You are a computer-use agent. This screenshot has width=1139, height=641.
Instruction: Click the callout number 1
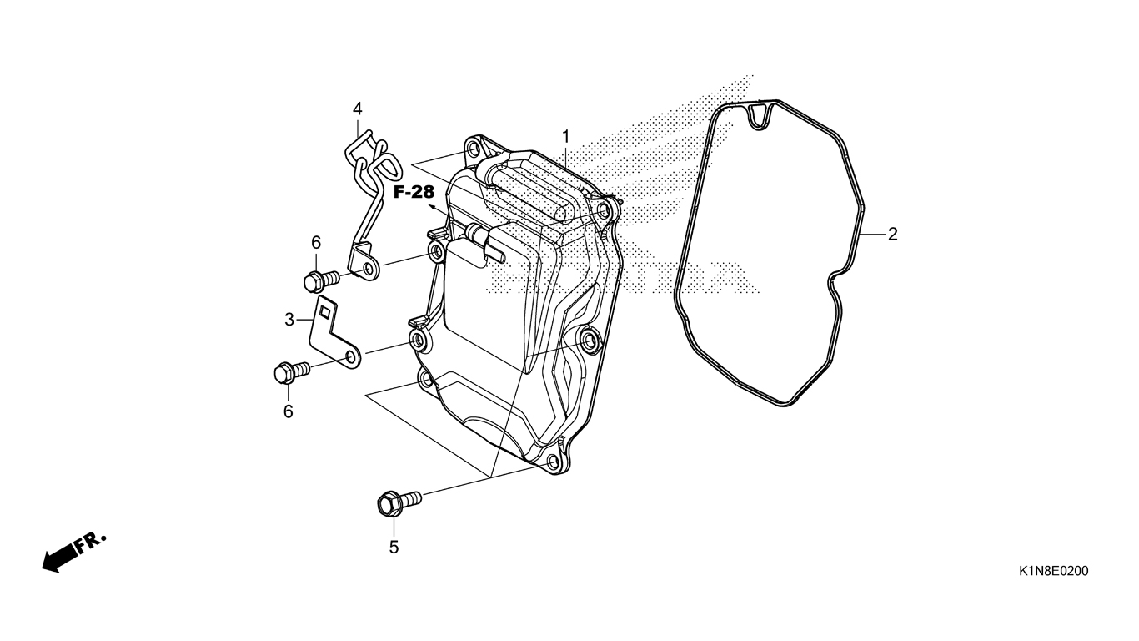[x=565, y=136]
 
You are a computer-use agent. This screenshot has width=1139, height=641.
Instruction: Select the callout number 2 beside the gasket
[x=892, y=235]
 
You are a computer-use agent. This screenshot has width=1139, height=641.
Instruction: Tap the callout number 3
[x=289, y=319]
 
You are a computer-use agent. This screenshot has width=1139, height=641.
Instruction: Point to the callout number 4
[x=357, y=109]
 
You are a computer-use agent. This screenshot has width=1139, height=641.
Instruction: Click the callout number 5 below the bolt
[x=394, y=548]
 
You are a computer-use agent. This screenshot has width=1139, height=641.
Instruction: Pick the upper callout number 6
[x=316, y=243]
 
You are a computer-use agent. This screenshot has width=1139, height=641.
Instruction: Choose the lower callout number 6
[x=289, y=411]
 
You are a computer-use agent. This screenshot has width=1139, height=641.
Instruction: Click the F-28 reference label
[x=414, y=193]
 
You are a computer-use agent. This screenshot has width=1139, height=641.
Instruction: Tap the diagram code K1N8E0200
[x=1052, y=572]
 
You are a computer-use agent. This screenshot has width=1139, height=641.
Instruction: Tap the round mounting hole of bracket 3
[x=352, y=358]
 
